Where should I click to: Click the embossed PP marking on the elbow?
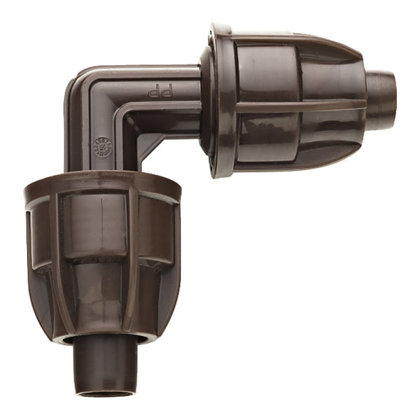[156, 92]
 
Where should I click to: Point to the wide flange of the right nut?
[218, 101]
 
